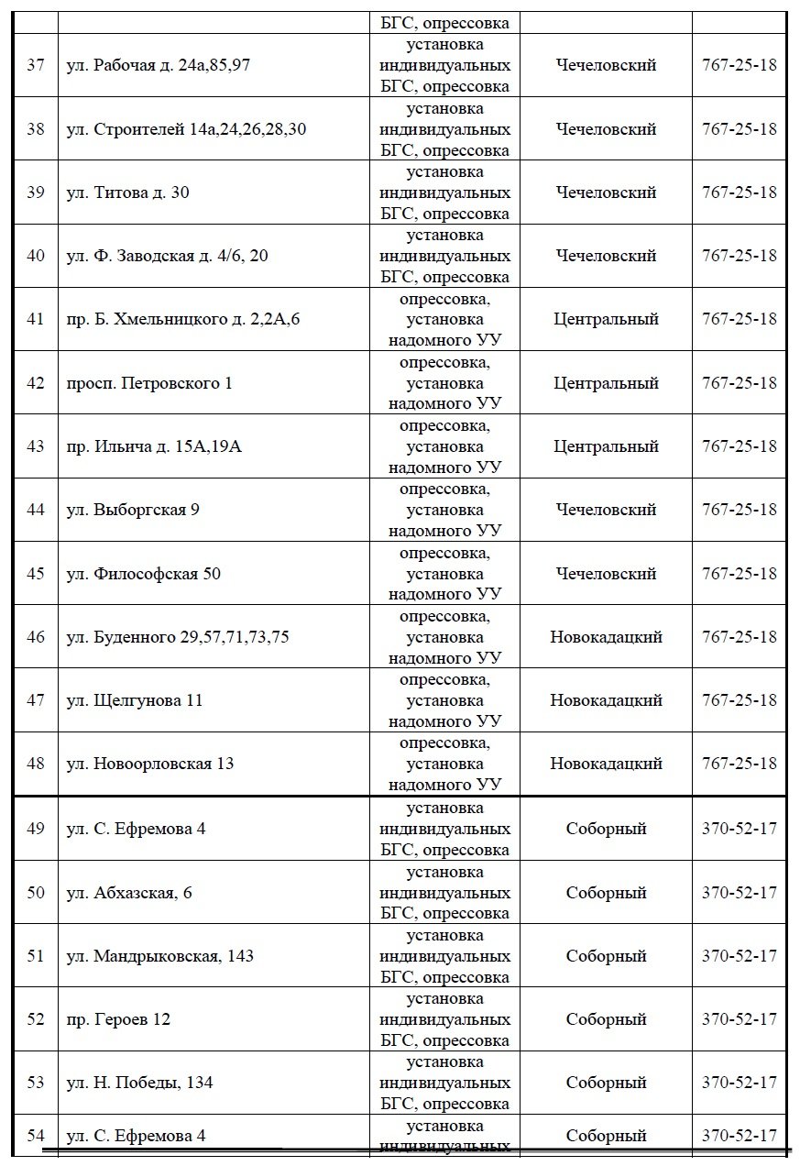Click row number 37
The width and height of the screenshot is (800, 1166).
point(36,66)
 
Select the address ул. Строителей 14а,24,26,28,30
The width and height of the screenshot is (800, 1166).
point(186,129)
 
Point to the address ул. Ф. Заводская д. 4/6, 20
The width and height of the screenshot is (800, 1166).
point(168,256)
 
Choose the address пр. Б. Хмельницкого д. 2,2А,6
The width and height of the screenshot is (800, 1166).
point(183,319)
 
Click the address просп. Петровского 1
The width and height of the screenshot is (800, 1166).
point(149,383)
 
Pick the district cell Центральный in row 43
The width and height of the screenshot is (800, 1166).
point(606,446)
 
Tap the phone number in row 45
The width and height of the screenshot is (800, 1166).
point(739,574)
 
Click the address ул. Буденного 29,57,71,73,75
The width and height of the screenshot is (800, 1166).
point(178,637)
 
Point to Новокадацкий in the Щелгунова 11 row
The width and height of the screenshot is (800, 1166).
point(606,700)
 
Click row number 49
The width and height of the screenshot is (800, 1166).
point(36,829)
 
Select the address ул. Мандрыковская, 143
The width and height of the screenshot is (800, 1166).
point(160,956)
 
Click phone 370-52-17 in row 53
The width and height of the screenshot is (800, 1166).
point(739,1083)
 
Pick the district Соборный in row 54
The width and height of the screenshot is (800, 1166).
point(606,1137)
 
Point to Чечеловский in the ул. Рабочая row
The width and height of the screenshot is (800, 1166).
point(606,66)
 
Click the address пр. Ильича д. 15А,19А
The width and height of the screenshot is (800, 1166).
point(154,446)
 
